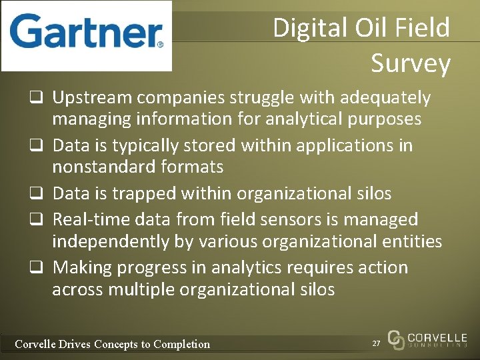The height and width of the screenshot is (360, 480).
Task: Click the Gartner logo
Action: click(87, 35)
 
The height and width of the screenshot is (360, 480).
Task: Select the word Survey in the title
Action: click(411, 63)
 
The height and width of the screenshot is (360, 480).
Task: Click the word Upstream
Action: click(93, 98)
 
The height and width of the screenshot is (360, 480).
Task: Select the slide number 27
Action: click(377, 343)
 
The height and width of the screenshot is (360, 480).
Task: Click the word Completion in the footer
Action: click(181, 344)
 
